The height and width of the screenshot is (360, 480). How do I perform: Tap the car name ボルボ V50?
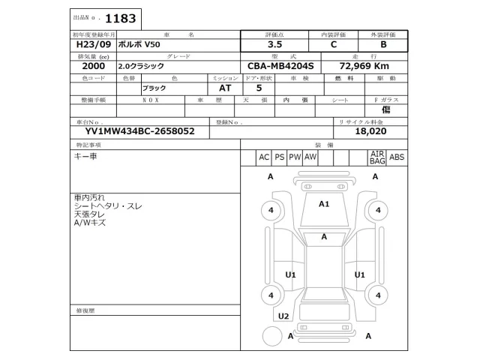(x=139, y=45)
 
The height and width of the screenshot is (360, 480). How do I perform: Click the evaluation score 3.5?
(x=275, y=45)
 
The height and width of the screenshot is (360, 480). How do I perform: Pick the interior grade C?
(x=334, y=45)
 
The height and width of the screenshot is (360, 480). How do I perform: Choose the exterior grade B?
(x=383, y=45)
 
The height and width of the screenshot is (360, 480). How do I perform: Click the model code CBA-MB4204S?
(x=282, y=66)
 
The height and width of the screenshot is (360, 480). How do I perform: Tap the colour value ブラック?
(x=154, y=88)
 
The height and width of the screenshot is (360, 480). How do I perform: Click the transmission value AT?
(x=214, y=88)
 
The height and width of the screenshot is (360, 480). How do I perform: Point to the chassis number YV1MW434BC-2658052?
(x=134, y=130)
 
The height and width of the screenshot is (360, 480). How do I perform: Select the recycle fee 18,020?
(x=372, y=130)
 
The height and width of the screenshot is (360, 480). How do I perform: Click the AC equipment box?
(x=264, y=157)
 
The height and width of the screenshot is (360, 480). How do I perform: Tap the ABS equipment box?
(x=397, y=157)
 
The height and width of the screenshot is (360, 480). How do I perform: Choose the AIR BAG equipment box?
(x=377, y=157)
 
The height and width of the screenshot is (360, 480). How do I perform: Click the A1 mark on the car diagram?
(x=325, y=203)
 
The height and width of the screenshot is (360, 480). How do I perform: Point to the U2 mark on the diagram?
(x=283, y=316)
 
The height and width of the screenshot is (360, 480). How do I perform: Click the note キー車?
(x=85, y=156)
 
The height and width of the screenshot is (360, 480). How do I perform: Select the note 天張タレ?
(x=89, y=214)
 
